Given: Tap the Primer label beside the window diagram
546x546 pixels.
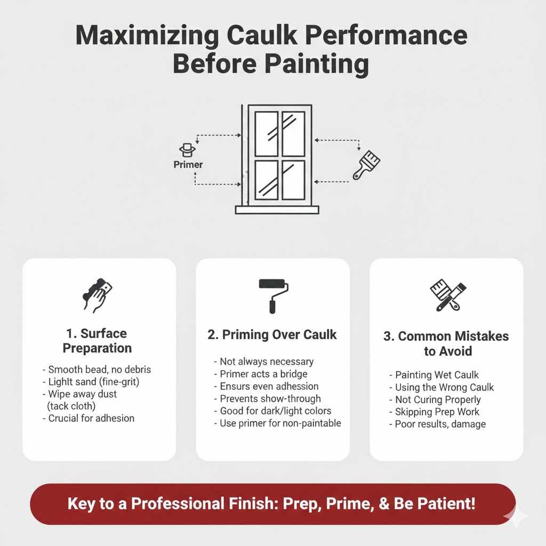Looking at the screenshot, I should click(x=188, y=165).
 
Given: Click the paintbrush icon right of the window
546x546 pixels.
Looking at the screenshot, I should click(x=366, y=164).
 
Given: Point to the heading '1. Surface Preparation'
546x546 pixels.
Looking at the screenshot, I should click(x=97, y=341).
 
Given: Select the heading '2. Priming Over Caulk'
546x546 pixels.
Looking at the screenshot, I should click(x=272, y=334).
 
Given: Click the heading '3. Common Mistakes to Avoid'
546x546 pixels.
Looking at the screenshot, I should click(x=446, y=344).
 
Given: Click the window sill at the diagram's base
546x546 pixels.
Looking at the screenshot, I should click(x=277, y=210).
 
